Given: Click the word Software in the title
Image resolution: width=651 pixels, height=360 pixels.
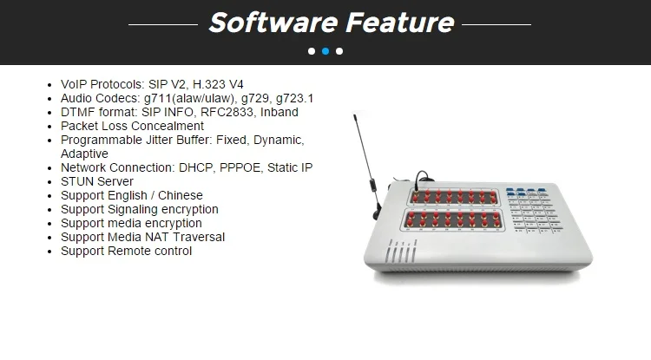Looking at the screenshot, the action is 274,23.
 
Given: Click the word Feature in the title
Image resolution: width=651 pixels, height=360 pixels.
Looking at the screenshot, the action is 400,23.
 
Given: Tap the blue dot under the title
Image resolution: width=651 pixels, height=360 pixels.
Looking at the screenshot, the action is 325,51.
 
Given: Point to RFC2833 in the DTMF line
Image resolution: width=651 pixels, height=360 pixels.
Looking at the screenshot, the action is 227,113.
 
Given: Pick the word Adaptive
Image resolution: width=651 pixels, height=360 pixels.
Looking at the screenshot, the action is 85,154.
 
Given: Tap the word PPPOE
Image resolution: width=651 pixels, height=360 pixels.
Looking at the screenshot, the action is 240,168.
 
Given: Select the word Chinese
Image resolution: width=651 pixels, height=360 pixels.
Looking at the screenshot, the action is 181,195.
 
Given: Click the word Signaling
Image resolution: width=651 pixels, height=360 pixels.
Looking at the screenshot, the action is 133,209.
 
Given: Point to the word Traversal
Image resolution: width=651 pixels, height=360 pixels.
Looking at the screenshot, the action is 199,237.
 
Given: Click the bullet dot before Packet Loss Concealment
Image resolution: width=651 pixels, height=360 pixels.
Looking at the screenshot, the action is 49,127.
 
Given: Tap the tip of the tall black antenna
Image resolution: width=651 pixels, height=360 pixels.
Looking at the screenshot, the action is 354,115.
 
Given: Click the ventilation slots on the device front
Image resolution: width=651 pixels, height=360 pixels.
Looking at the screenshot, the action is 401,251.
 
